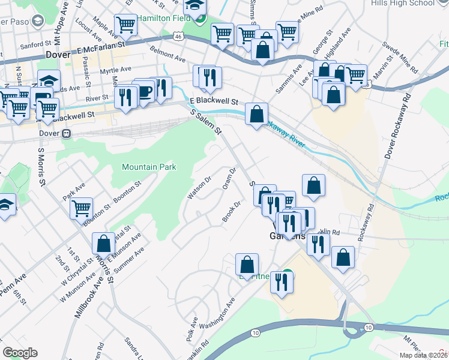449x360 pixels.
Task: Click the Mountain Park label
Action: click(149, 167)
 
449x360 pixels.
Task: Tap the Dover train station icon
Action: click(67, 133)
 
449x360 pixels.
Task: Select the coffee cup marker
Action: click(145, 91)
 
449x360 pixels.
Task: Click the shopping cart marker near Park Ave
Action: click(81, 208)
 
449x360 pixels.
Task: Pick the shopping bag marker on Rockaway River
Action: click(256, 113)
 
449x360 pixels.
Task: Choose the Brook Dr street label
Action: click(232, 211)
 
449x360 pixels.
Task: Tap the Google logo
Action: click(20, 353)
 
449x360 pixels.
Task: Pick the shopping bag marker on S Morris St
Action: click(103, 243)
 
